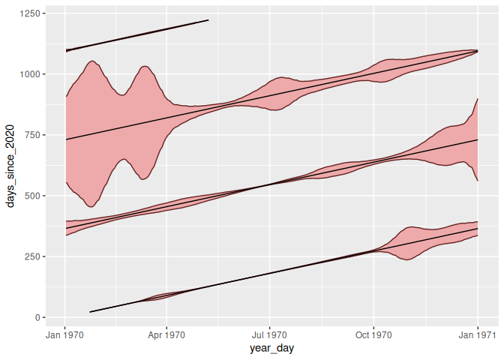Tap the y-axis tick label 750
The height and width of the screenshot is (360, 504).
[x=33, y=135]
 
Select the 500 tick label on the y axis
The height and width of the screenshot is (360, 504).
[x=33, y=196]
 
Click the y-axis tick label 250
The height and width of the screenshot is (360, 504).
[x=33, y=256]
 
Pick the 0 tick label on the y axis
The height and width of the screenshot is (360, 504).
[x=39, y=317]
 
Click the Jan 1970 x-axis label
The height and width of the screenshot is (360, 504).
[x=65, y=335]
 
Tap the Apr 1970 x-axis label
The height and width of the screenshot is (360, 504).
[x=166, y=335]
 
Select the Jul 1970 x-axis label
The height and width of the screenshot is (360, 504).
[x=269, y=335]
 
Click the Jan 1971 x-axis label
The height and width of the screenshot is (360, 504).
[x=477, y=335]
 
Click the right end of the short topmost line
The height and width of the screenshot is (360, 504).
[x=208, y=20]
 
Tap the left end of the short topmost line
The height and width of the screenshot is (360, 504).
[x=66, y=51]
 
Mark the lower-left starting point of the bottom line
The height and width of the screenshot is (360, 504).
[x=90, y=312]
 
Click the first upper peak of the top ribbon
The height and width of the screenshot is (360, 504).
[x=91, y=61]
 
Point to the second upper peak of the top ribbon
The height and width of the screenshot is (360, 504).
[x=144, y=67]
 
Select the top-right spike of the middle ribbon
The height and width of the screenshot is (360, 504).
[x=478, y=99]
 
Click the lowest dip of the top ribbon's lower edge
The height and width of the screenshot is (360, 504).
[x=91, y=206]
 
